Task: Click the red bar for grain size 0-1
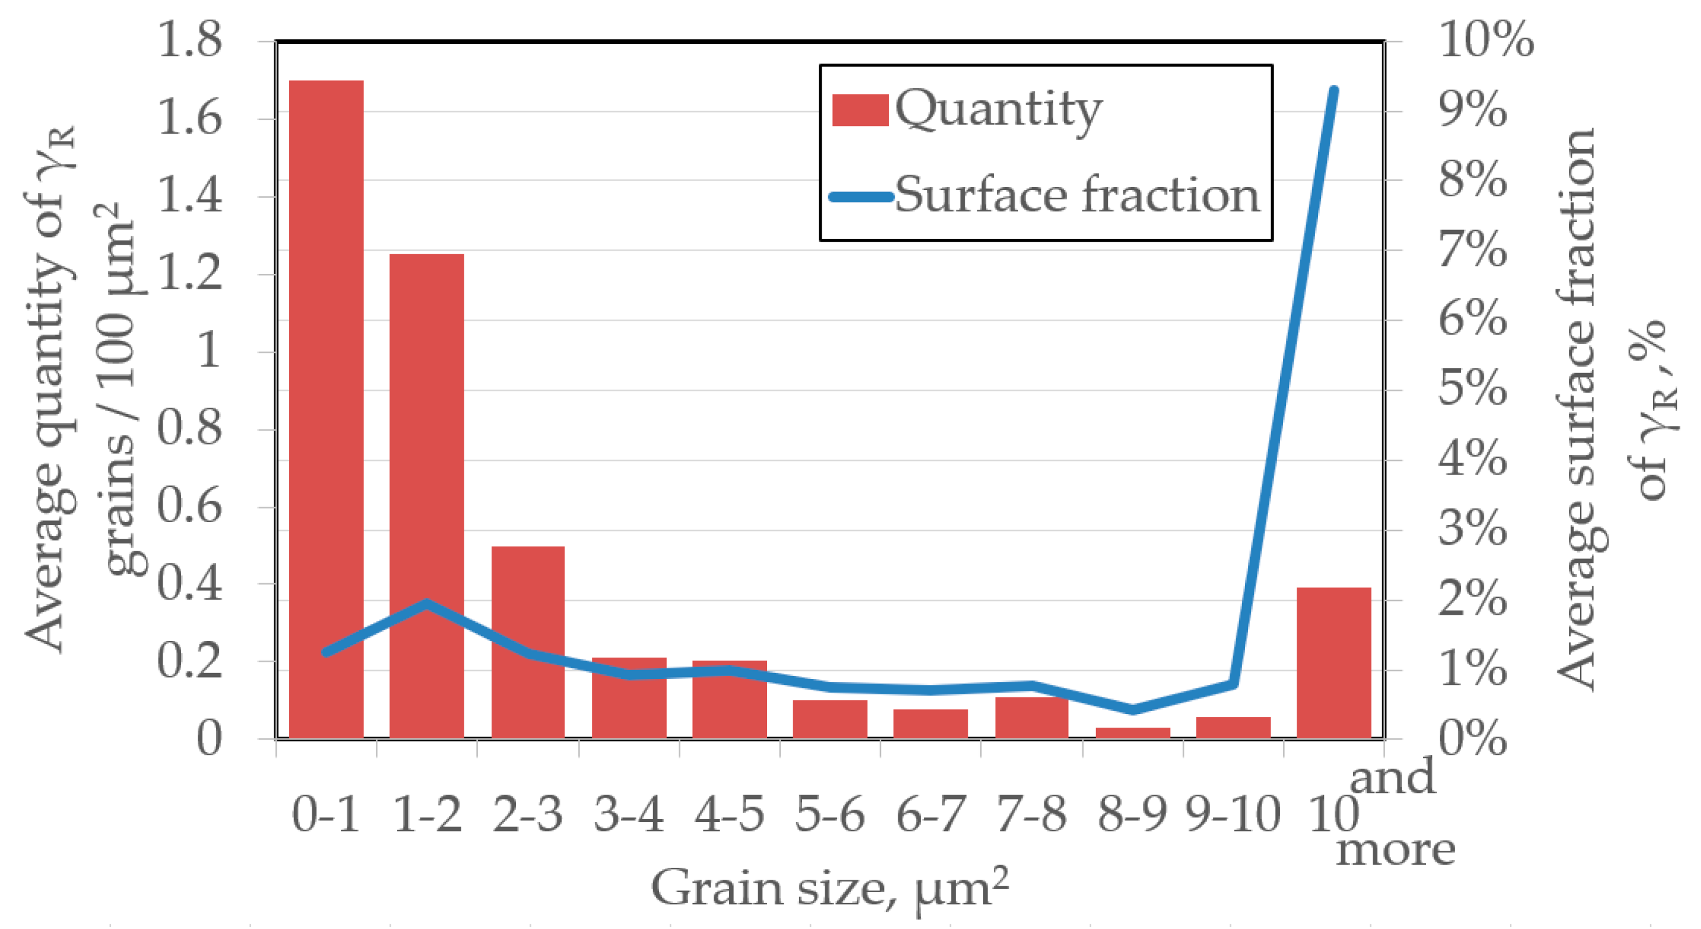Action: pyautogui.click(x=326, y=410)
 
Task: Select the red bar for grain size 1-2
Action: pyautogui.click(x=426, y=495)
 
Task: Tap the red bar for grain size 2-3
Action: pyautogui.click(x=528, y=641)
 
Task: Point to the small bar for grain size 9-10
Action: pyautogui.click(x=1233, y=727)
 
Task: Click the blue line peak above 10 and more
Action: pyautogui.click(x=1333, y=91)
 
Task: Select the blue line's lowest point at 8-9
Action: pyautogui.click(x=1132, y=710)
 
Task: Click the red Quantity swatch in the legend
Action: pyautogui.click(x=860, y=110)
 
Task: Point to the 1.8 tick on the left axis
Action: pyautogui.click(x=189, y=40)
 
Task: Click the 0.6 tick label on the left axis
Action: pyautogui.click(x=189, y=507)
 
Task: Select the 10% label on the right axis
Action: pyautogui.click(x=1485, y=40)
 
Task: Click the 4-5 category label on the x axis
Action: pyautogui.click(x=729, y=814)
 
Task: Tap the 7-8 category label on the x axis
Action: pyautogui.click(x=1031, y=814)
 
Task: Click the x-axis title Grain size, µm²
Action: pyautogui.click(x=830, y=889)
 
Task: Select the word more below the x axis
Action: pyautogui.click(x=1396, y=850)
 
